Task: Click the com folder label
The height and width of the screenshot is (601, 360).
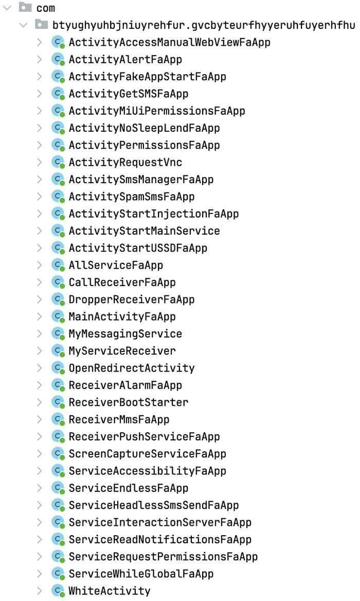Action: click(46, 8)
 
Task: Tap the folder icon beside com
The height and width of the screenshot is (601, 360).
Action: click(25, 7)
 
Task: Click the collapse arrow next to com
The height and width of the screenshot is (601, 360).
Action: click(7, 8)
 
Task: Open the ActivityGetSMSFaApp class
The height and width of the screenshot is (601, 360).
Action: click(128, 94)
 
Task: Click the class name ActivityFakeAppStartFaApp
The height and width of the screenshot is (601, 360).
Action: click(148, 77)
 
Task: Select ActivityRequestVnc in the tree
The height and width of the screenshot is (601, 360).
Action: click(125, 163)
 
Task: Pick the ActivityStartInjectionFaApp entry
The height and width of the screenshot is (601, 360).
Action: click(154, 214)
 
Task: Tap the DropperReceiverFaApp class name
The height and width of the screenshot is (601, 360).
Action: click(131, 300)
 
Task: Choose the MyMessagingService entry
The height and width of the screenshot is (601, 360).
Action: click(125, 334)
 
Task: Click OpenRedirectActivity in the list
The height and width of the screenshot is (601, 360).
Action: click(131, 368)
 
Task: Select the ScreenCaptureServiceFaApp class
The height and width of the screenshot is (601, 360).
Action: click(148, 454)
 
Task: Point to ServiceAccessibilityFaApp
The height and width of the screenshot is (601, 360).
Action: click(148, 471)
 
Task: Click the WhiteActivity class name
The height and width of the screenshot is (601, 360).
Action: click(110, 591)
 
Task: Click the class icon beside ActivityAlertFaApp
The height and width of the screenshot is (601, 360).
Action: click(58, 59)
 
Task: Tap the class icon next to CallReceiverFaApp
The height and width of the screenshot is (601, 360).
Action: click(58, 282)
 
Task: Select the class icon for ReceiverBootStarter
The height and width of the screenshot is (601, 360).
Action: click(58, 402)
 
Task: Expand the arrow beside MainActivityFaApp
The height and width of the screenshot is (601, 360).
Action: click(39, 316)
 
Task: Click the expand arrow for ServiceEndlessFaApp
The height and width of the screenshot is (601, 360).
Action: click(39, 488)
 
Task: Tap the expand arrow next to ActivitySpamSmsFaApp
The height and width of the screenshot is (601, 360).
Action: click(39, 196)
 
